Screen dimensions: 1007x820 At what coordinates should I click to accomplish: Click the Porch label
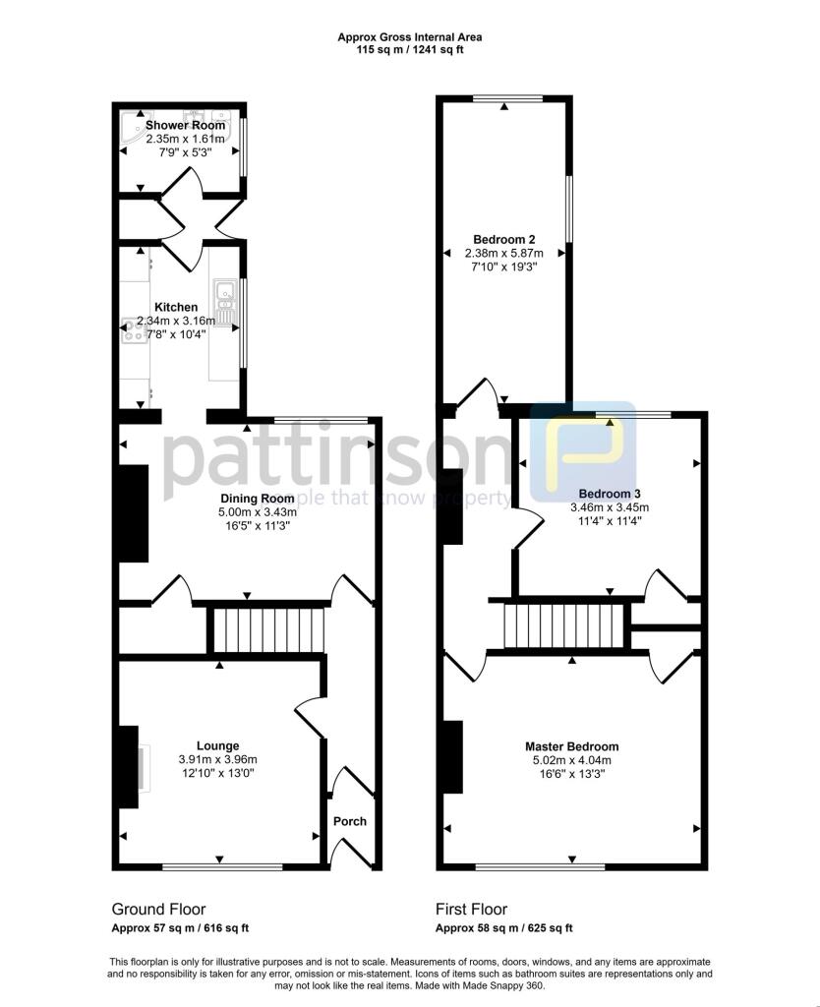click(350, 821)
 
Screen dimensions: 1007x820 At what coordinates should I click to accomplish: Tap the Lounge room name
click(217, 746)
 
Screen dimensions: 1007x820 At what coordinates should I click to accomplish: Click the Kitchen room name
click(175, 308)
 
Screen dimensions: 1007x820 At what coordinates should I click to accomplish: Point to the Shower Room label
click(185, 126)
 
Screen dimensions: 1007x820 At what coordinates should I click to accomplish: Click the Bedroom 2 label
click(503, 239)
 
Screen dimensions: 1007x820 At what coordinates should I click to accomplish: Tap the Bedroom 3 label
click(609, 494)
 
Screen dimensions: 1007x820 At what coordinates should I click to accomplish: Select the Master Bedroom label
click(571, 746)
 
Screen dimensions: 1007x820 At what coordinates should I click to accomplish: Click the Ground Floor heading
click(158, 910)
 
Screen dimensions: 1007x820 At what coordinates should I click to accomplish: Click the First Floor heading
click(472, 910)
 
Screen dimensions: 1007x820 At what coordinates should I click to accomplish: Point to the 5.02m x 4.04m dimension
click(571, 760)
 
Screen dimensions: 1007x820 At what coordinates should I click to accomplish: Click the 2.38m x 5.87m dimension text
click(503, 253)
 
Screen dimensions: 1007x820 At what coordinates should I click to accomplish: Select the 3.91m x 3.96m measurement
click(217, 760)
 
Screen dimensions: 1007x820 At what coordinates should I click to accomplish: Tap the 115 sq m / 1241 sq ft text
click(410, 49)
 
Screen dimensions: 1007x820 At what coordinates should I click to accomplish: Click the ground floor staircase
click(268, 628)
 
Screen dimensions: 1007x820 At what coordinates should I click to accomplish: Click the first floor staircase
click(565, 626)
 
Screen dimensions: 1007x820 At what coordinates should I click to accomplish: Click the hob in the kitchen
click(133, 331)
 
